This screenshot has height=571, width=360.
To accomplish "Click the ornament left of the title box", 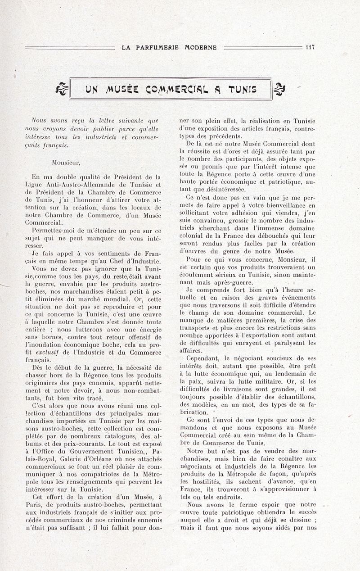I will click(62, 89).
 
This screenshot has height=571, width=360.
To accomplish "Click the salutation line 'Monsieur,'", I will click(66, 162).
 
